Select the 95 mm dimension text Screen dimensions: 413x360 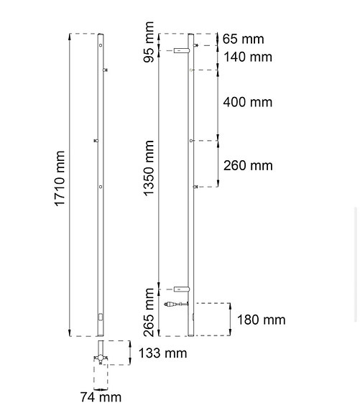pos(149,42)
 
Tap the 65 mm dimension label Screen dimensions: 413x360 pos(243,40)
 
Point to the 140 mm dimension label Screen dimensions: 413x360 pos(247,57)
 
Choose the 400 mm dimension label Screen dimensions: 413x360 pos(248,102)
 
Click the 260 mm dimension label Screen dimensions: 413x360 pos(248,165)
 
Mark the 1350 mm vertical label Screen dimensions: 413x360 pos(149,168)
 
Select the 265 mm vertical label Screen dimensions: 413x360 pos(149,311)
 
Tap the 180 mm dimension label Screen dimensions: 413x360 pos(261,320)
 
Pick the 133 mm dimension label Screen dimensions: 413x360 pos(163,353)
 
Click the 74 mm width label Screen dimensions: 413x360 pos(101,396)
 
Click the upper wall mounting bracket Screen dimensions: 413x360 pos(181,50)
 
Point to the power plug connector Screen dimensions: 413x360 pos(173,304)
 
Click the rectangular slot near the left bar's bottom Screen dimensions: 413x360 pos(100,317)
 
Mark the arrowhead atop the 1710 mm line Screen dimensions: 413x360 pos(69,36)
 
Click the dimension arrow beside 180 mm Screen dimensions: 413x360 pos(229,319)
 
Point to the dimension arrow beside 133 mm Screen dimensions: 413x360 pos(129,352)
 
